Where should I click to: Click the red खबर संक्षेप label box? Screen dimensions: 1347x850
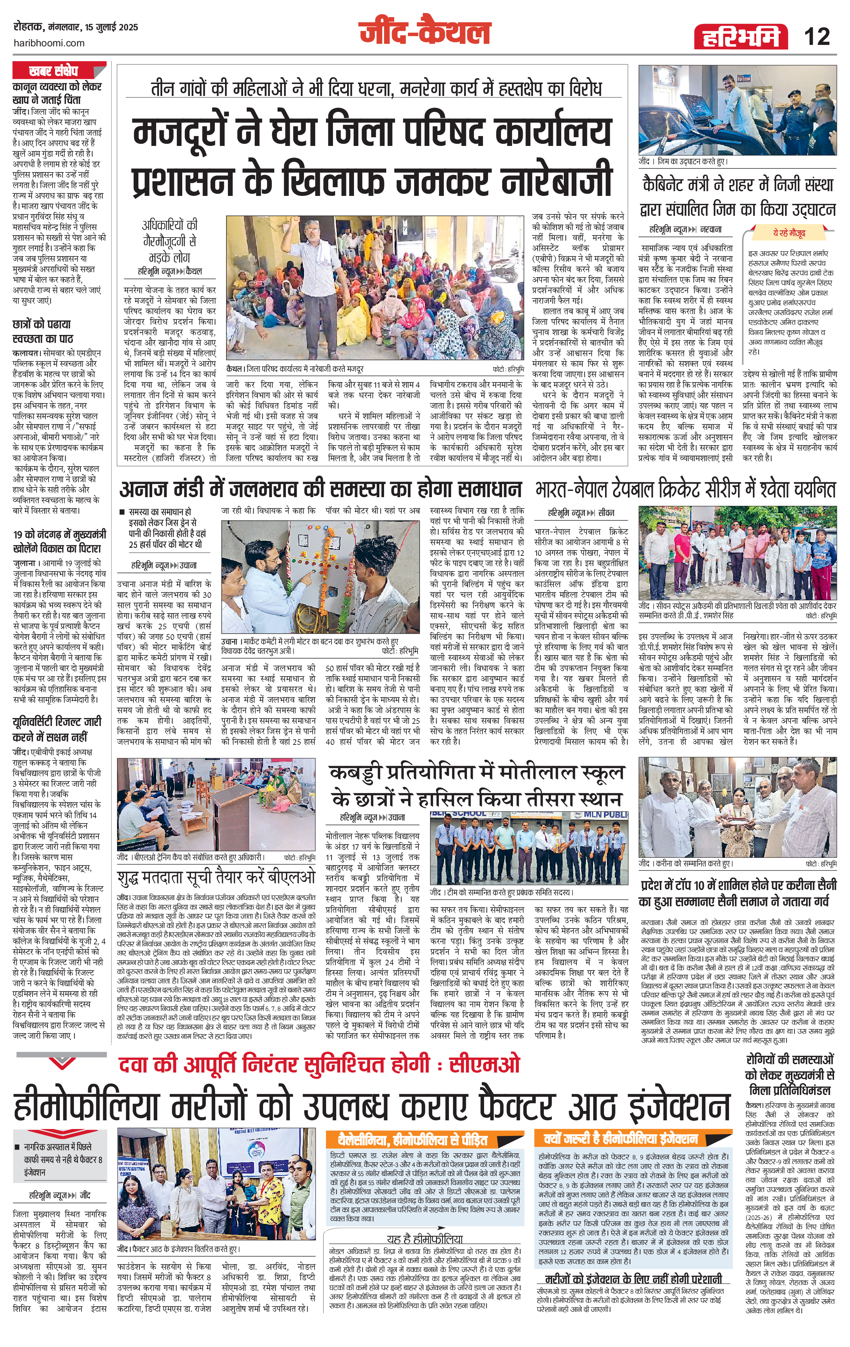coord(53,71)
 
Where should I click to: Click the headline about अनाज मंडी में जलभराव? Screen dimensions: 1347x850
coord(320,490)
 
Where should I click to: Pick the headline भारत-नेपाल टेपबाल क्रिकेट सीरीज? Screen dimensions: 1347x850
coord(686,490)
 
